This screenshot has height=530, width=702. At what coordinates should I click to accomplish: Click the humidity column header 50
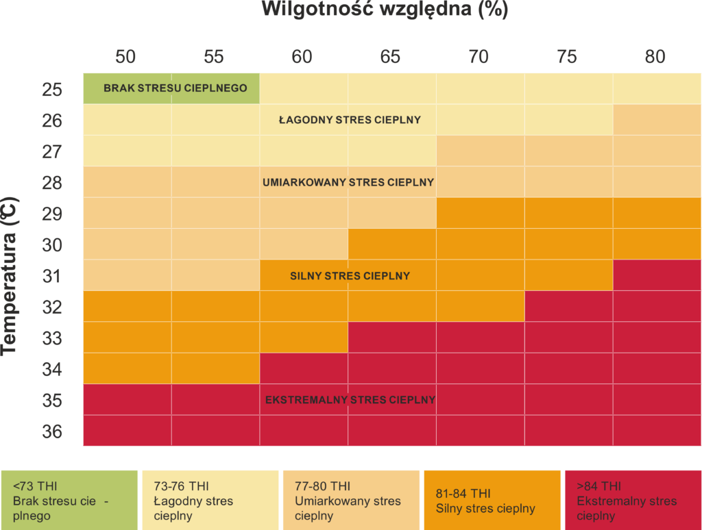(x=125, y=57)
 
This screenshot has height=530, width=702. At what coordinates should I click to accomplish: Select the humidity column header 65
(x=390, y=57)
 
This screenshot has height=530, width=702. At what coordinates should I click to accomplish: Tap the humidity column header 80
(x=655, y=57)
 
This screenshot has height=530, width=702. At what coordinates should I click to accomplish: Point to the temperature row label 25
(x=52, y=89)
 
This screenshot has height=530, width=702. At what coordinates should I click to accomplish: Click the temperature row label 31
(x=52, y=276)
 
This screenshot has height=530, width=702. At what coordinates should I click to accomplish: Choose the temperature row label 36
(x=52, y=431)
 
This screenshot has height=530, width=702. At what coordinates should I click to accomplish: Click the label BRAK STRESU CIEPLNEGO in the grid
(x=175, y=88)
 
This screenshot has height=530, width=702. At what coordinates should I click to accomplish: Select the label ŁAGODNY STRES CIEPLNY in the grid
(x=350, y=120)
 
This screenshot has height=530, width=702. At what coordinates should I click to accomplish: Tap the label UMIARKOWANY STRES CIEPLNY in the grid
(x=348, y=182)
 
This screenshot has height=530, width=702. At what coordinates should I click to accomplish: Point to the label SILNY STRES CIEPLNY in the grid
(x=350, y=276)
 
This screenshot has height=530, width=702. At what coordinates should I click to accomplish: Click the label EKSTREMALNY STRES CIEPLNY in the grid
(x=350, y=400)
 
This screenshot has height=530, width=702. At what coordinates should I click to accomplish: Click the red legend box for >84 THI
(x=631, y=501)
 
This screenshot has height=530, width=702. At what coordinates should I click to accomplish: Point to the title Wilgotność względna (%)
(x=385, y=10)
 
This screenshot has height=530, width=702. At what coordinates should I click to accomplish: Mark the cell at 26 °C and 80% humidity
(x=657, y=120)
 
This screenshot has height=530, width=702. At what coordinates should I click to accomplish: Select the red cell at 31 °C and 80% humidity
(x=657, y=276)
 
